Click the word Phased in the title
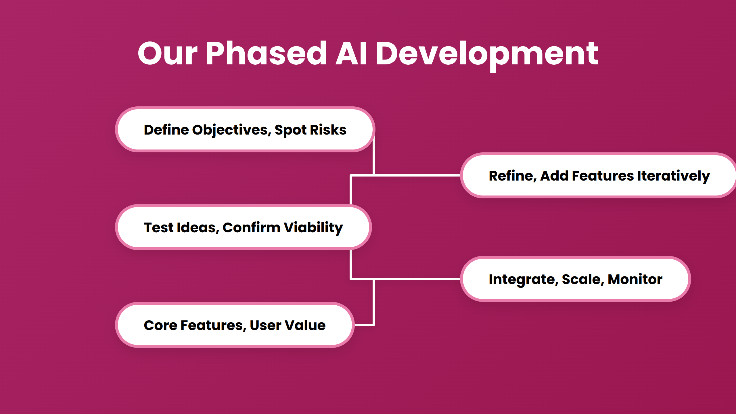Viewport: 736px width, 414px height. click(x=266, y=53)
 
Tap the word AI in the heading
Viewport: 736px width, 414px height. click(x=351, y=53)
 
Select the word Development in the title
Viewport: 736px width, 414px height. click(x=486, y=53)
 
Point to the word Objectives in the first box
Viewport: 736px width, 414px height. click(x=231, y=130)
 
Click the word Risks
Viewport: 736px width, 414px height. click(x=328, y=130)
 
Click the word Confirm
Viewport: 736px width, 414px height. click(x=252, y=228)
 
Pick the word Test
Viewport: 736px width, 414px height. click(x=158, y=228)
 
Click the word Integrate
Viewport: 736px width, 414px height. click(x=523, y=279)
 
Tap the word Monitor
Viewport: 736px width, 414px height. click(x=635, y=279)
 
